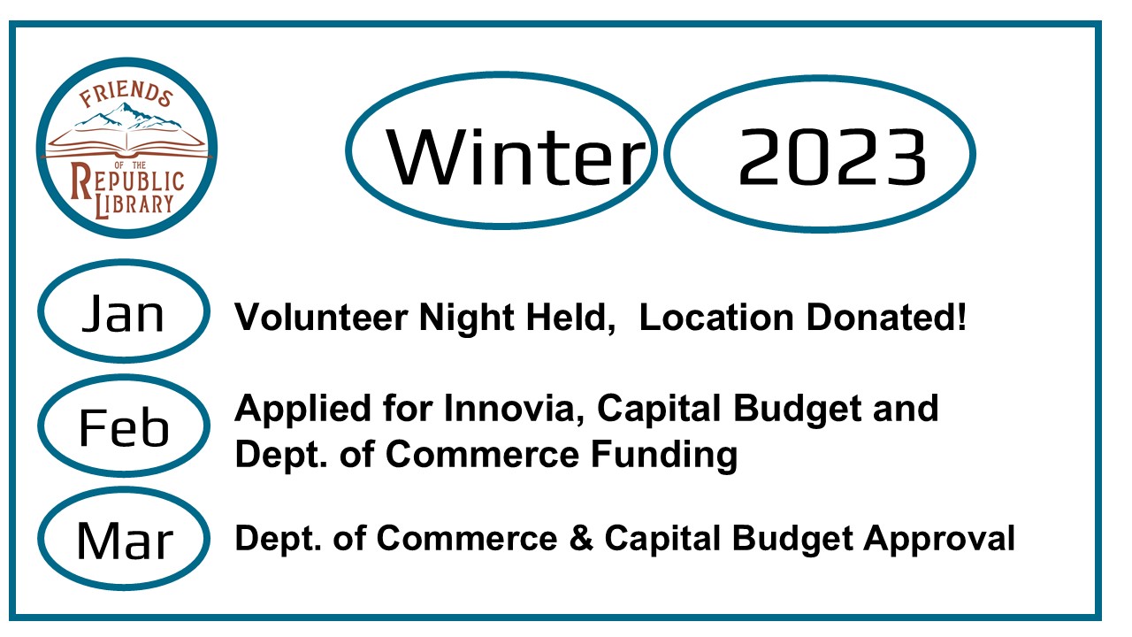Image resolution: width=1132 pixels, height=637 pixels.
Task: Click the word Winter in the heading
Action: coord(516,157)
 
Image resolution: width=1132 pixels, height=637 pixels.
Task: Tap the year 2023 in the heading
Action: coord(833,157)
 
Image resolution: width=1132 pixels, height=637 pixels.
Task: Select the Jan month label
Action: coord(123,313)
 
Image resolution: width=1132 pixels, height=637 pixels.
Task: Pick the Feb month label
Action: coord(124,427)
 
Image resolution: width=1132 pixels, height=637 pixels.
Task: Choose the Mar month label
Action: coord(125,541)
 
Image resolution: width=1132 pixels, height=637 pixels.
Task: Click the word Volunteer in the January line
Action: coord(321,318)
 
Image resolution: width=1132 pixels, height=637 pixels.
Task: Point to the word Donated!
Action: coord(886,318)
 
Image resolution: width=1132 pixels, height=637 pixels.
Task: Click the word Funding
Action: coord(664,455)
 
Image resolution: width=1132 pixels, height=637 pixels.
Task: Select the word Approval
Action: coord(939,539)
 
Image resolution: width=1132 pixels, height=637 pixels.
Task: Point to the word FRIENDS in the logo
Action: coord(126,95)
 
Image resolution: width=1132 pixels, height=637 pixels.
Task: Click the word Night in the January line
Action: coord(467,318)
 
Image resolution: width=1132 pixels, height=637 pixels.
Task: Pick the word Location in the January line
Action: coord(716,318)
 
